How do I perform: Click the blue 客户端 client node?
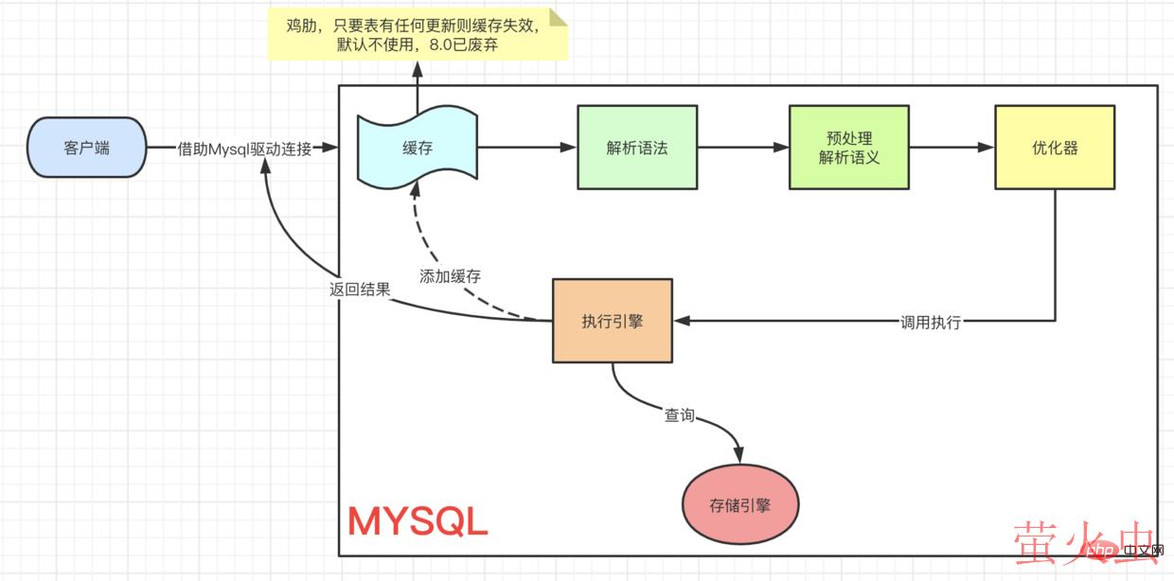pyautogui.click(x=86, y=148)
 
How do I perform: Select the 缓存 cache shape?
pyautogui.click(x=417, y=149)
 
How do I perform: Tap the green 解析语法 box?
pyautogui.click(x=637, y=148)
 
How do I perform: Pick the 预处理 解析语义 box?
pyautogui.click(x=849, y=148)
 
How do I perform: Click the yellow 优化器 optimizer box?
pyautogui.click(x=1055, y=148)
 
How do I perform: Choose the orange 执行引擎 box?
pyautogui.click(x=613, y=321)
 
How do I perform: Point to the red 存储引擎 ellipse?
pyautogui.click(x=740, y=504)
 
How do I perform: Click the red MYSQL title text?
pyautogui.click(x=418, y=521)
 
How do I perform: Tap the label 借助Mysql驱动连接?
pyautogui.click(x=244, y=149)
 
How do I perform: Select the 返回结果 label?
pyautogui.click(x=360, y=290)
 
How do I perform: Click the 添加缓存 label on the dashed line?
pyautogui.click(x=450, y=277)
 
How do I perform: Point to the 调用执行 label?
pyautogui.click(x=931, y=322)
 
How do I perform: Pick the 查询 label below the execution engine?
pyautogui.click(x=679, y=414)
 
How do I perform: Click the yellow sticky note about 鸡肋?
pyautogui.click(x=418, y=35)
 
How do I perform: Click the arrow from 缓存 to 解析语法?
pyautogui.click(x=526, y=148)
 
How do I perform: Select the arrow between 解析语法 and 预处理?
pyautogui.click(x=743, y=148)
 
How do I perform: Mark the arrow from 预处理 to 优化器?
pyautogui.click(x=952, y=148)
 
